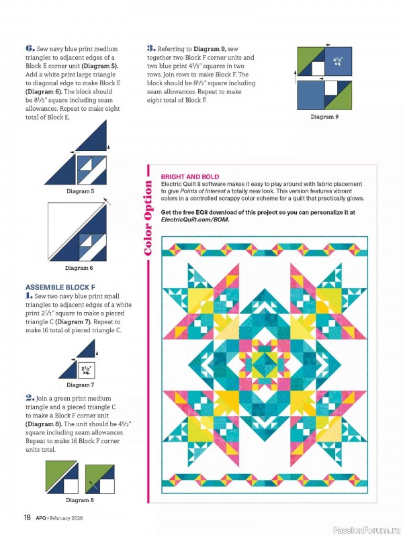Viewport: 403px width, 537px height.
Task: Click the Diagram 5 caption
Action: (80, 191)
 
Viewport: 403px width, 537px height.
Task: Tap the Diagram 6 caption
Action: (79, 268)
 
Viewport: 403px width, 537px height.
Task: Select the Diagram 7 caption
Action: (79, 385)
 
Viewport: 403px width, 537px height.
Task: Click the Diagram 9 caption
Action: (324, 117)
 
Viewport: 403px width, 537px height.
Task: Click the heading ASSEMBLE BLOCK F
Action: (55, 287)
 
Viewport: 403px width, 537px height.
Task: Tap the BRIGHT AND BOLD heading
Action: (190, 177)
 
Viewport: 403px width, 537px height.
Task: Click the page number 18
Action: (28, 518)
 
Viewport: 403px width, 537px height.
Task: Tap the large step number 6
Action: (30, 48)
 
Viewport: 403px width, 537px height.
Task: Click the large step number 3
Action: (151, 48)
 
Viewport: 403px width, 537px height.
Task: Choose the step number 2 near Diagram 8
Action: (30, 397)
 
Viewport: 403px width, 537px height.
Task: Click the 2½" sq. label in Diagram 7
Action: (86, 369)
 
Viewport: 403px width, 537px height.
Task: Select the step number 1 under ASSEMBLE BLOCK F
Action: (29, 295)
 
